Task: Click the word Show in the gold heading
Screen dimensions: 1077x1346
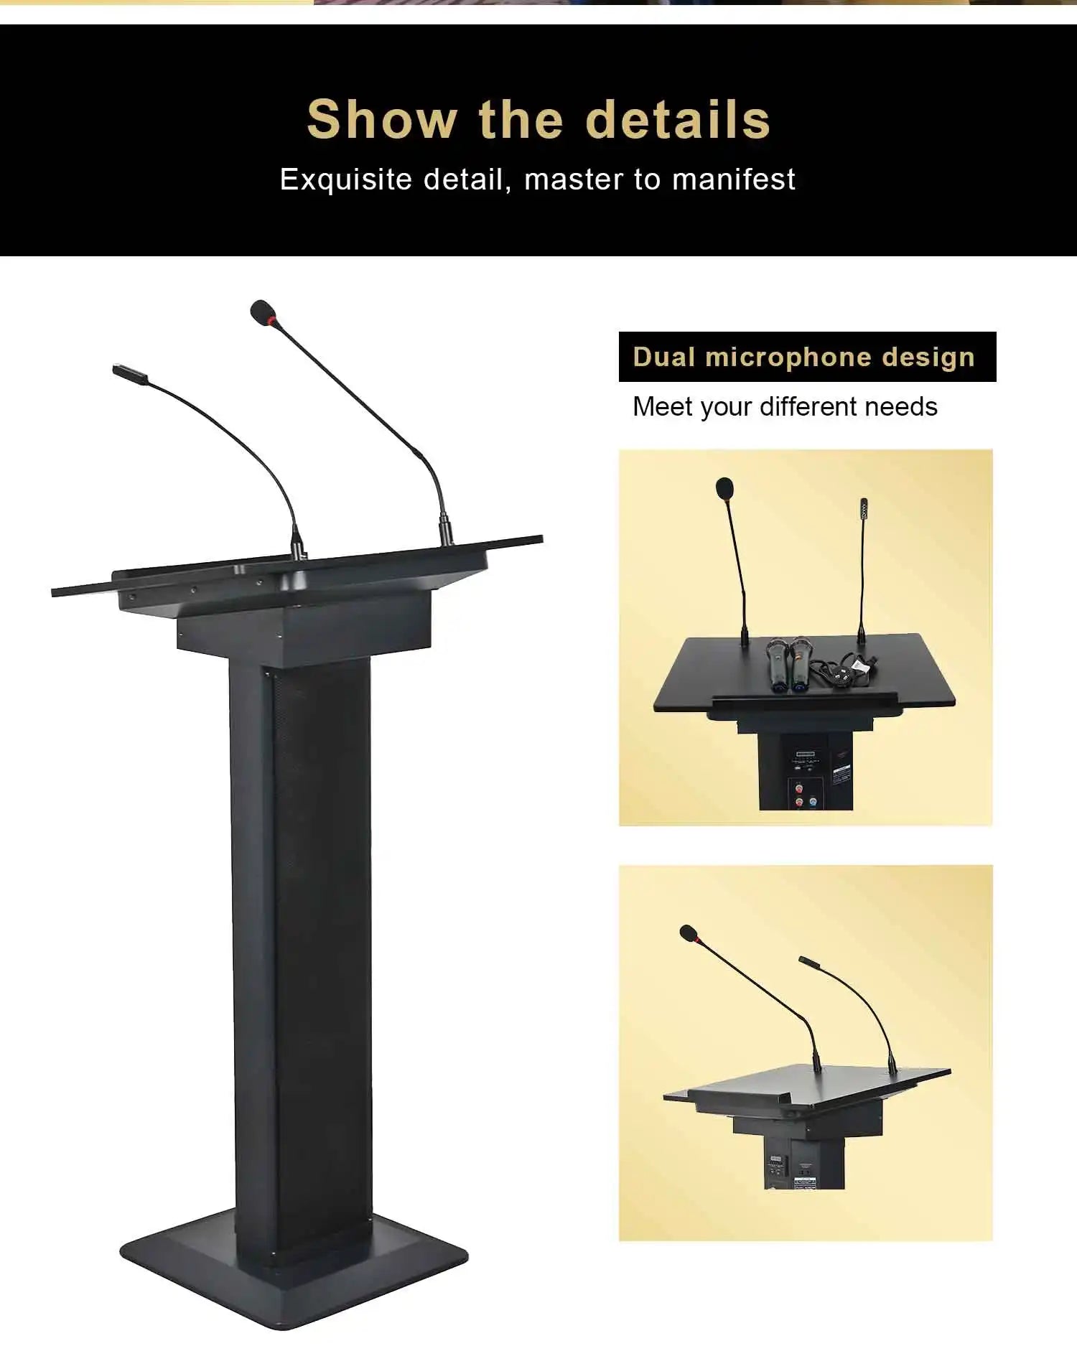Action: pos(382,119)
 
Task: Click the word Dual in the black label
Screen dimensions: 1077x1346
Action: pos(664,357)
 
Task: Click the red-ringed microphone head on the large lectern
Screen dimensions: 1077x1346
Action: pos(264,312)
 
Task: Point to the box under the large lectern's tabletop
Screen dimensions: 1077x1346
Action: pos(304,625)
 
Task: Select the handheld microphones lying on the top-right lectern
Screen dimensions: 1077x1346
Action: pos(788,665)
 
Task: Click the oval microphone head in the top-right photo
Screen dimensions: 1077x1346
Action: pos(725,488)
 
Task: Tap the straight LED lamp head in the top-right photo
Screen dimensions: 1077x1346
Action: pos(864,506)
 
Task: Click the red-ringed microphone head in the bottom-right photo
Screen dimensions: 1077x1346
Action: pos(689,933)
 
